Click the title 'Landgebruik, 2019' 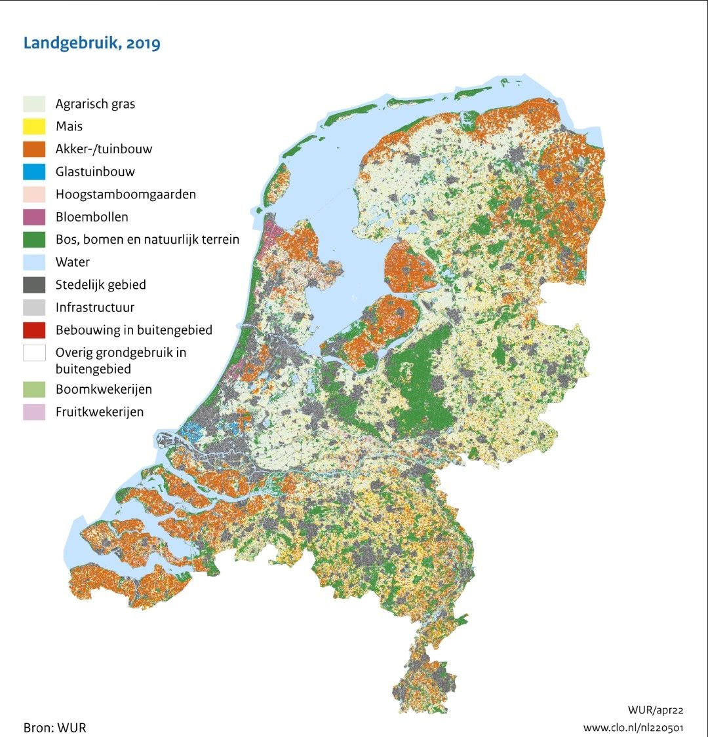tap(92, 44)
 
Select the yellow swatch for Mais tap(34, 126)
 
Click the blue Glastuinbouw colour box tap(34, 172)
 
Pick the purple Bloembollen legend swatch tap(34, 217)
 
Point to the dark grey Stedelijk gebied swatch tap(34, 285)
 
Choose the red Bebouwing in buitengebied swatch tap(34, 330)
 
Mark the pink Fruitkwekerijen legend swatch tap(34, 412)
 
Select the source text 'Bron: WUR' tap(54, 727)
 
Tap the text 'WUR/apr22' tap(656, 710)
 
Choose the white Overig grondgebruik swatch tap(34, 353)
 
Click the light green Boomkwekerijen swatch tap(34, 389)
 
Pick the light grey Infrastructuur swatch tap(34, 307)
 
